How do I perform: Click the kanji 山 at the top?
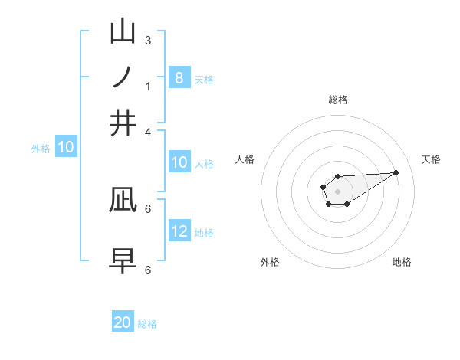pos(123,32)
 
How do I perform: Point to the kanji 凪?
pos(123,199)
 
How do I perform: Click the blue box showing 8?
pos(179,77)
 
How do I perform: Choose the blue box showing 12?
pos(179,231)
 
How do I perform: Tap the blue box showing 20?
pos(123,322)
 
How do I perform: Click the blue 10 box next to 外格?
pos(65,147)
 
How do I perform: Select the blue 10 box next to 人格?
pos(179,162)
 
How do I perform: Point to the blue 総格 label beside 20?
pos(147,324)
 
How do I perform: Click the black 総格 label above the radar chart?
pos(337,100)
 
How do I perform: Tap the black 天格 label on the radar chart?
pos(431,159)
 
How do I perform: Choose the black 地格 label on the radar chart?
pos(402,262)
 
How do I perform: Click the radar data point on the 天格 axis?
pos(396,172)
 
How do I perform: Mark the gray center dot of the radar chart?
pos(337,191)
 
